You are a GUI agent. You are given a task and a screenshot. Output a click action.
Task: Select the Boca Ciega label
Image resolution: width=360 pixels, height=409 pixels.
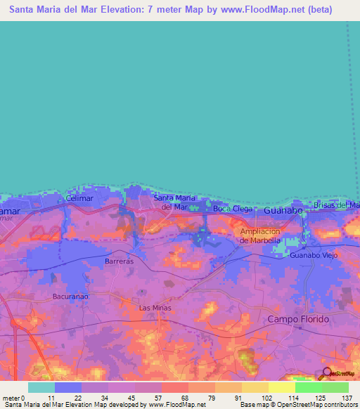[232, 209]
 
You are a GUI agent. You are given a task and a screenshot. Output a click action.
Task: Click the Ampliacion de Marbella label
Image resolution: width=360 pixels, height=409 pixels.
[260, 235]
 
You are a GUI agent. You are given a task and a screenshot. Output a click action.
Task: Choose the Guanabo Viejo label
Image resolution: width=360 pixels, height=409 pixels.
[314, 256]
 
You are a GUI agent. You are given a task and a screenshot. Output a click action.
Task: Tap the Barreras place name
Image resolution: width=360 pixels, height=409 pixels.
[119, 261]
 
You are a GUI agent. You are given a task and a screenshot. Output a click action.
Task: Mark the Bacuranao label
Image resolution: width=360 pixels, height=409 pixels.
[71, 297]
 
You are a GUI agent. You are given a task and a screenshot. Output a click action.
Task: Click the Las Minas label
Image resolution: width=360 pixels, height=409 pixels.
[155, 308]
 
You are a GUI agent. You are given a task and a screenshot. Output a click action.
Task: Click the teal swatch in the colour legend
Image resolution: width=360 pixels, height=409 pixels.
[41, 387]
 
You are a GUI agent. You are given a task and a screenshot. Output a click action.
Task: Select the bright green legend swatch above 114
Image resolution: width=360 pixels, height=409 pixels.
[308, 387]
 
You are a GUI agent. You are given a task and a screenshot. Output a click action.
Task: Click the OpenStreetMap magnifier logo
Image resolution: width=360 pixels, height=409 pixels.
[326, 372]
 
